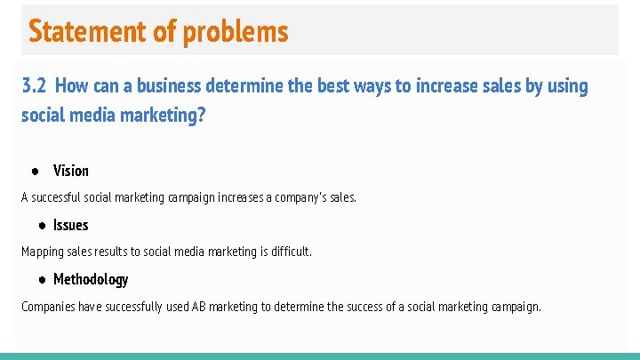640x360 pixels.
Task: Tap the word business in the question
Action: (165, 86)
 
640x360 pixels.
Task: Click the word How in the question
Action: (71, 86)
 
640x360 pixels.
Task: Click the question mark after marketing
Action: (201, 116)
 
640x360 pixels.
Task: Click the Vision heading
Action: (71, 171)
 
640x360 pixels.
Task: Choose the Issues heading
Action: (71, 225)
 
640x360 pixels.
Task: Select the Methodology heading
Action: (91, 279)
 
